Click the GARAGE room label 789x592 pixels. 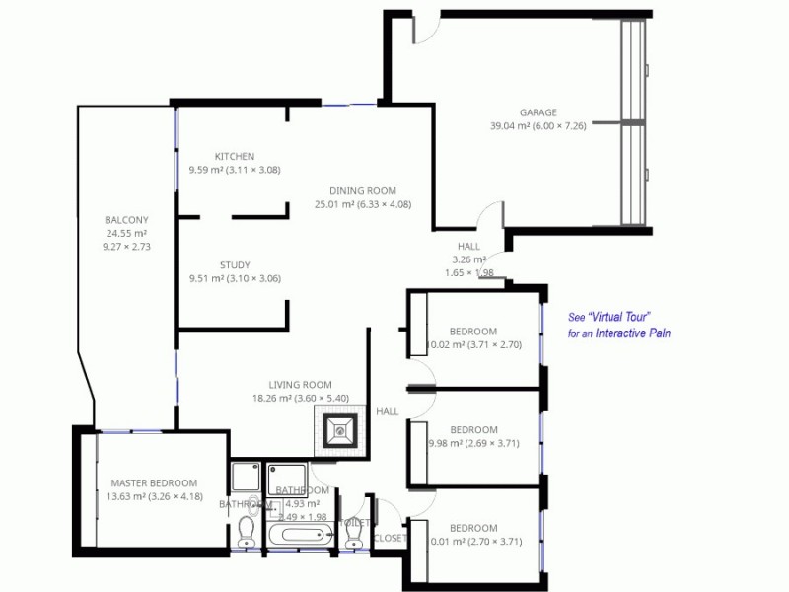538,112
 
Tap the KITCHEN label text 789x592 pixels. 235,157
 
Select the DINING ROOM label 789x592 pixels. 363,191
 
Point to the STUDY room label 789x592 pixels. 235,265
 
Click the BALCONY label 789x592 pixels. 126,220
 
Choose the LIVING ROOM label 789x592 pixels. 301,385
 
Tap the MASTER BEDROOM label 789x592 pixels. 154,482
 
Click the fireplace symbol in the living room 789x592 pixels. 340,428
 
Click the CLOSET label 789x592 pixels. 389,539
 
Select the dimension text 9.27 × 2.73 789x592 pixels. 126,247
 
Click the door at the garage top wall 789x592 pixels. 426,30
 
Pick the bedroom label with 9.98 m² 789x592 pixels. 473,430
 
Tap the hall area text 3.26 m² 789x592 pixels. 469,259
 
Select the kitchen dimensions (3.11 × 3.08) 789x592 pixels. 253,170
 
